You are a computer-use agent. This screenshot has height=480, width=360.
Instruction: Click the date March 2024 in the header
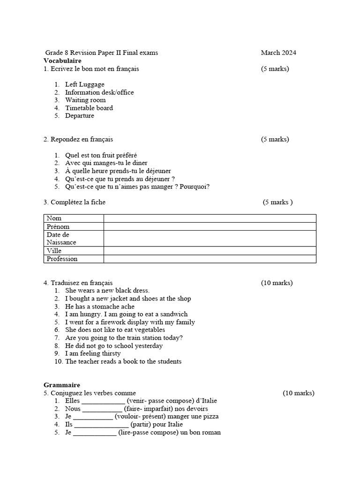(x=278, y=52)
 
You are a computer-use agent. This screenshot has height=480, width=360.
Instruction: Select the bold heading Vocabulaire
(x=62, y=60)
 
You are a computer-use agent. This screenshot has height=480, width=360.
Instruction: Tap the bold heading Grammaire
(x=62, y=385)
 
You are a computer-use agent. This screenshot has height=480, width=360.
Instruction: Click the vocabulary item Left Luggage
(x=85, y=84)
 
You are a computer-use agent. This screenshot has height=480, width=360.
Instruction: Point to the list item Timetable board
(x=89, y=108)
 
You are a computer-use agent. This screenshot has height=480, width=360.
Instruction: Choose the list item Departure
(x=80, y=116)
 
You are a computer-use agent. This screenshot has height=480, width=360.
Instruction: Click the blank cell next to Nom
(x=210, y=218)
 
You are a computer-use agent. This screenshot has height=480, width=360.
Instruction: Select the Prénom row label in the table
(x=58, y=226)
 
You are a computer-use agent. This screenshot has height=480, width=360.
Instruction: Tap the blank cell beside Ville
(x=210, y=251)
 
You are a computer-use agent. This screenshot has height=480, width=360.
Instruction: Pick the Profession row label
(x=62, y=259)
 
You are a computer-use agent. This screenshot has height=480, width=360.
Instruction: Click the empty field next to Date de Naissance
(x=210, y=238)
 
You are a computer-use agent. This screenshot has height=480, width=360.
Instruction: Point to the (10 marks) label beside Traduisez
(x=277, y=283)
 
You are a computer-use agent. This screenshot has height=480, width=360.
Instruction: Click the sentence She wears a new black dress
(x=107, y=291)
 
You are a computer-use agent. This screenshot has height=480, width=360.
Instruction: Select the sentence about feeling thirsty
(x=93, y=353)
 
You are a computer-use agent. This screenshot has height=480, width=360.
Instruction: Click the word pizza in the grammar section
(x=210, y=416)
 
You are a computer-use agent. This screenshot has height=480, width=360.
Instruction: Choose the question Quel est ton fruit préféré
(x=101, y=155)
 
